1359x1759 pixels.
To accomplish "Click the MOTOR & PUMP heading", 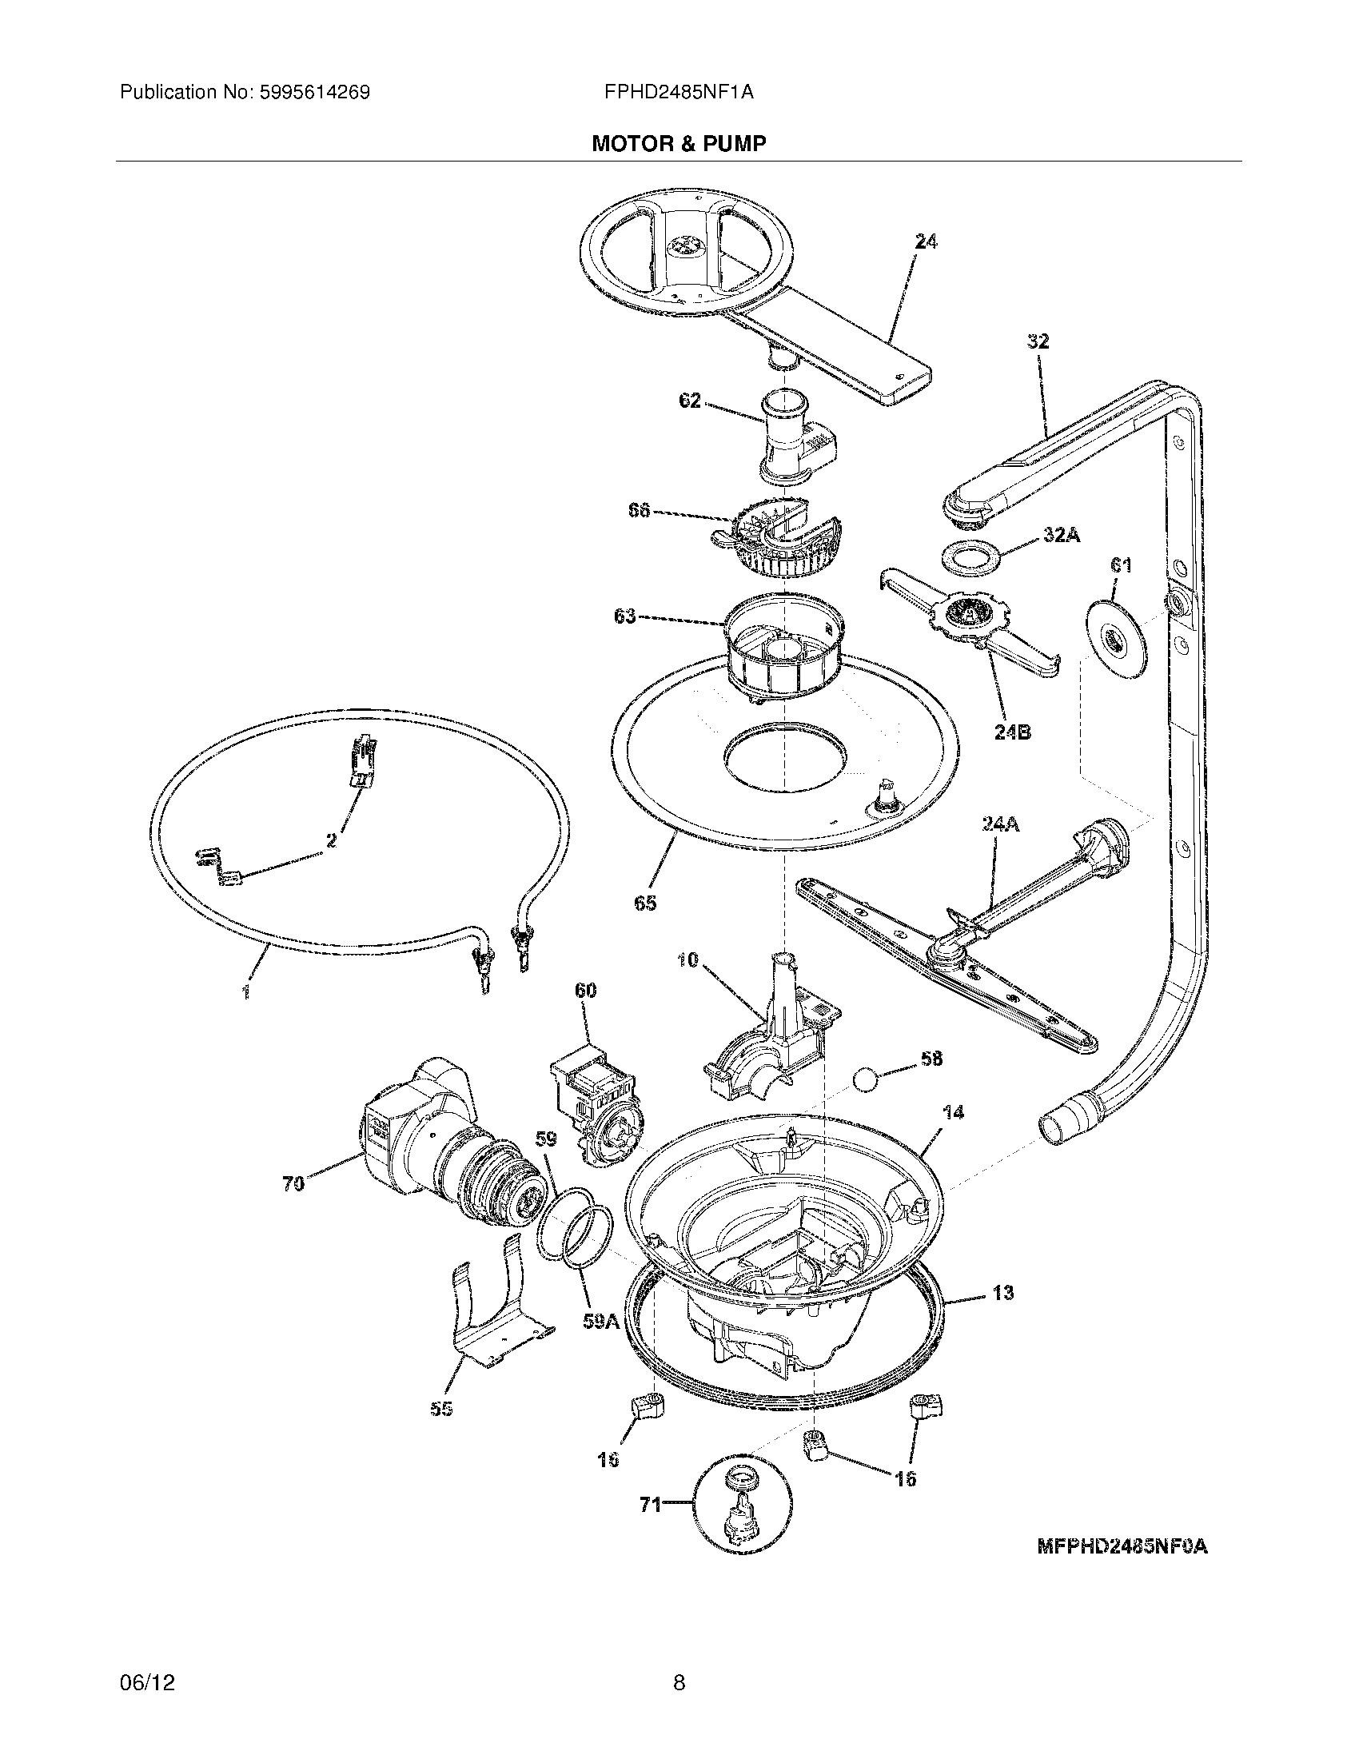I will click(679, 143).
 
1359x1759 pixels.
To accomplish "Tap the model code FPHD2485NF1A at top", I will click(679, 93).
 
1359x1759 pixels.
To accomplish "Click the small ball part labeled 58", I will click(867, 1079).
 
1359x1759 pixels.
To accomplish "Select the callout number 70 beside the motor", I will click(293, 1183).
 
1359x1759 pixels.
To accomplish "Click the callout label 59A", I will click(600, 1322).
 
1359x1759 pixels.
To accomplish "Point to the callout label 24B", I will click(1012, 732).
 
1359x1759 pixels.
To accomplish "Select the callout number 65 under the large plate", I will click(644, 903).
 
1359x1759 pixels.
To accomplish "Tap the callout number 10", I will click(687, 960).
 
